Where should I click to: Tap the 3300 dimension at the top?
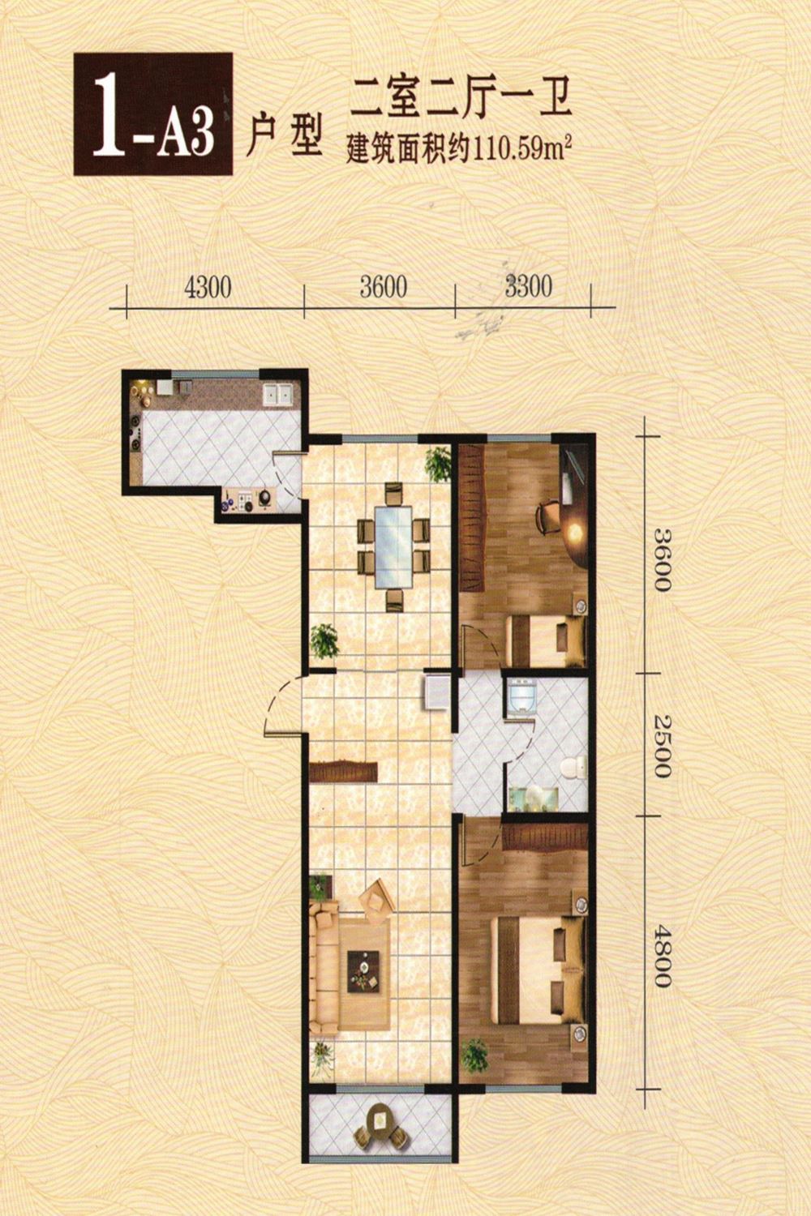528,286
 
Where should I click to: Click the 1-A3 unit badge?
153,113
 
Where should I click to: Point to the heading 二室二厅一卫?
461,100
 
